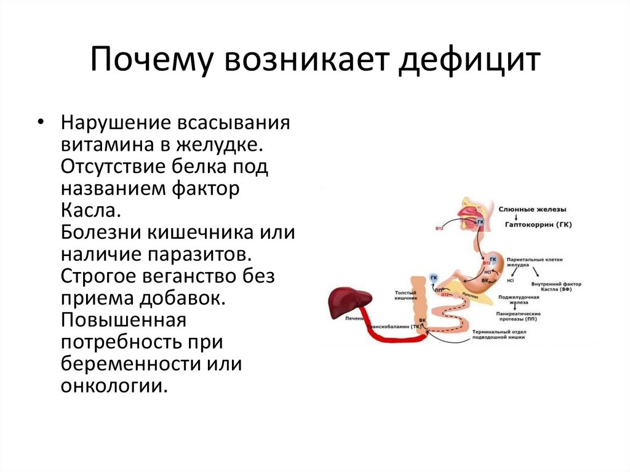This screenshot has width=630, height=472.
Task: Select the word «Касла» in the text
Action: pos(87,210)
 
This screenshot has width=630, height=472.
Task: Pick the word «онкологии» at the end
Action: pos(114,386)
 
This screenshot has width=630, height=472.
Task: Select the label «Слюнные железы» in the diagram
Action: pos(532,209)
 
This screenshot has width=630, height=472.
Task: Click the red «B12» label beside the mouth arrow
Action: pos(439,228)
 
